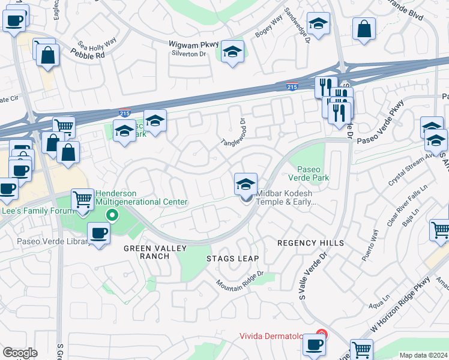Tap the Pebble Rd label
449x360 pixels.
click(x=87, y=55)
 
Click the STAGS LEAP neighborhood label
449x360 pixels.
click(x=232, y=259)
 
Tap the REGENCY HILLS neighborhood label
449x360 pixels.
click(x=310, y=243)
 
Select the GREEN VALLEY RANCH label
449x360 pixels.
click(x=146, y=252)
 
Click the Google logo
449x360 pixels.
click(x=20, y=353)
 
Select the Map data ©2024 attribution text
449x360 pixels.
click(x=423, y=355)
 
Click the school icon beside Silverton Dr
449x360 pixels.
click(x=232, y=52)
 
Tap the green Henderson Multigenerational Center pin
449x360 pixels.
click(x=111, y=214)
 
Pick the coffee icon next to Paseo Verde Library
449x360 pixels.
click(x=98, y=233)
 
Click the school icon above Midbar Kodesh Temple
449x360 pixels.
click(x=246, y=184)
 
